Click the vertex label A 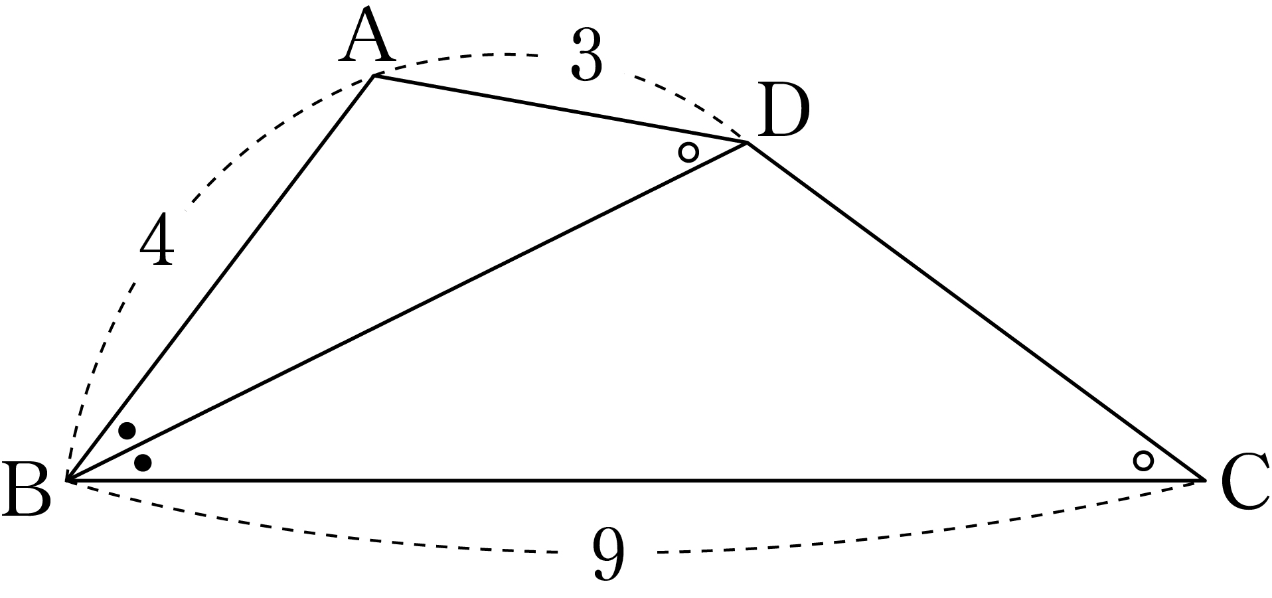tap(367, 38)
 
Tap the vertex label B tap(27, 489)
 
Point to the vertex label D tap(783, 112)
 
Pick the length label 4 tap(157, 241)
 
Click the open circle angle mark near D tap(688, 152)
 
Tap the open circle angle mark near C tap(1143, 460)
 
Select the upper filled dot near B tap(127, 431)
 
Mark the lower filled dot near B tap(143, 463)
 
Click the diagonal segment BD tap(407, 311)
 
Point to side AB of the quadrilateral tap(220, 277)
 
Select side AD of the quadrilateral tap(561, 109)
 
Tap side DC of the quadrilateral tap(977, 311)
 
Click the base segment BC tap(636, 479)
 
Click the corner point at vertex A tap(374, 76)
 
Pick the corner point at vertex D tap(748, 143)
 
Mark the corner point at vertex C tap(1204, 479)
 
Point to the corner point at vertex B tap(68, 479)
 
